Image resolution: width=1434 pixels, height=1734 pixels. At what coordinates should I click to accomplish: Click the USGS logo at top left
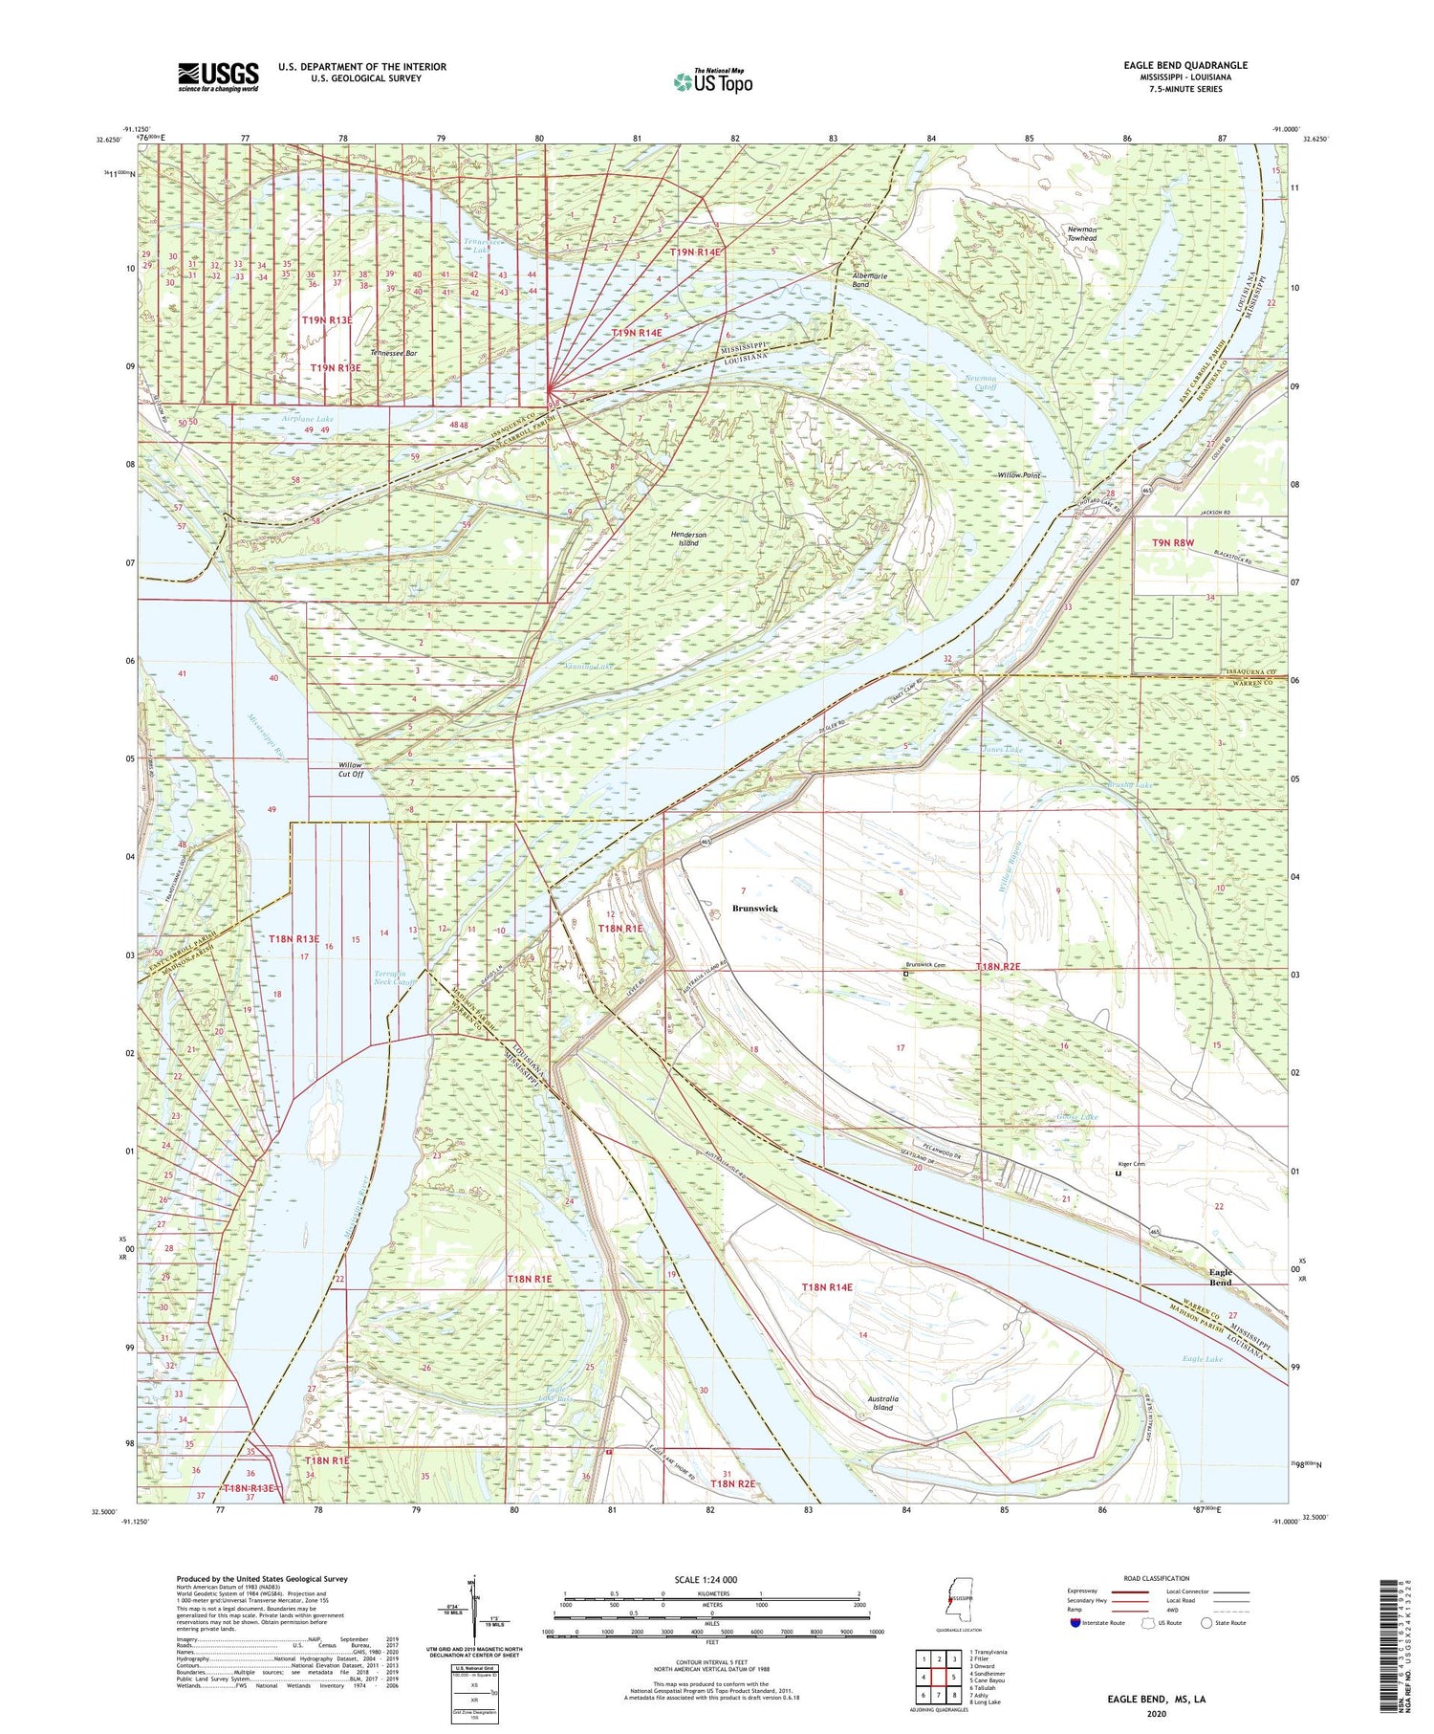[218, 77]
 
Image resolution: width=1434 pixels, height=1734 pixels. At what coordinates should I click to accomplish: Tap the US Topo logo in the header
[712, 82]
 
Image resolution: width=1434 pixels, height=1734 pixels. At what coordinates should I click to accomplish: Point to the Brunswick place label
[754, 908]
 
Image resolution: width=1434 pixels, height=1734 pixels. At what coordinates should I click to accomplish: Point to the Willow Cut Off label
[351, 770]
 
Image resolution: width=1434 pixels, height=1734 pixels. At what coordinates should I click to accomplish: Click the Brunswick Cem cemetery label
[924, 965]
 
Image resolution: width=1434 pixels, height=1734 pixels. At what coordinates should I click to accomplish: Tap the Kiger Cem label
[1132, 1163]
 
